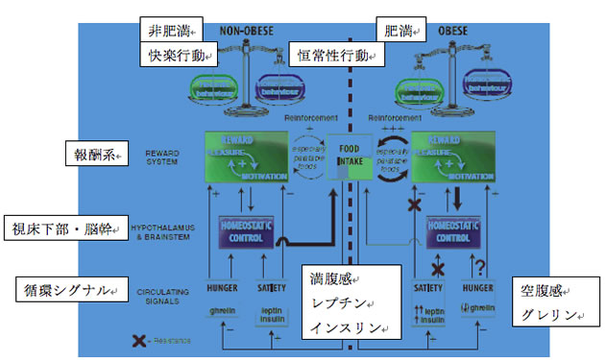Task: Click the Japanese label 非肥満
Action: coord(167,30)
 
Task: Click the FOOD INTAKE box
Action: coord(348,156)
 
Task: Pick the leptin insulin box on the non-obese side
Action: coord(273,314)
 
